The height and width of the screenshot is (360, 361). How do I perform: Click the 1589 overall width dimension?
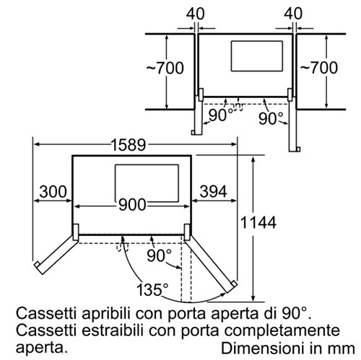pyautogui.click(x=129, y=145)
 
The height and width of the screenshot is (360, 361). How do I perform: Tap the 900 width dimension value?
pyautogui.click(x=132, y=205)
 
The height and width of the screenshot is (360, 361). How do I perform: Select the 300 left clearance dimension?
pyautogui.click(x=53, y=192)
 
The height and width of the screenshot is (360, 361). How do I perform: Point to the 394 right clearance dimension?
pyautogui.click(x=213, y=192)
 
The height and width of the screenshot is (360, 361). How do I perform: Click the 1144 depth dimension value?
pyautogui.click(x=258, y=222)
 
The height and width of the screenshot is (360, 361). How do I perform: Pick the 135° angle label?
pyautogui.click(x=152, y=289)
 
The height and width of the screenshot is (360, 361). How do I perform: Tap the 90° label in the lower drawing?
pyautogui.click(x=160, y=255)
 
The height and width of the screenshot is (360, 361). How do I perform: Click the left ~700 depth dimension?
pyautogui.click(x=165, y=68)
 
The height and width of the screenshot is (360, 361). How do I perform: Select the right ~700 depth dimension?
pyautogui.click(x=319, y=68)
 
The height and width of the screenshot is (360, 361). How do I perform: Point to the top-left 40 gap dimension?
pyautogui.click(x=195, y=14)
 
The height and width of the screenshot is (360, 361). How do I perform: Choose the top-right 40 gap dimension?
pyautogui.click(x=293, y=14)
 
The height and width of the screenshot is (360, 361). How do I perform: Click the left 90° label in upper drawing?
pyautogui.click(x=221, y=115)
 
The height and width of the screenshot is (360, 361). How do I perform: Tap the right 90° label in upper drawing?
pyautogui.click(x=271, y=118)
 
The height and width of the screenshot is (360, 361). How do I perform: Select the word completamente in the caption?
pyautogui.click(x=282, y=331)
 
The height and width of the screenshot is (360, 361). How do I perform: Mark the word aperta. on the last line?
pyautogui.click(x=41, y=348)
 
